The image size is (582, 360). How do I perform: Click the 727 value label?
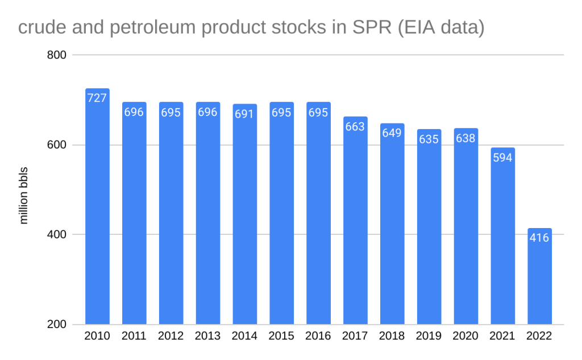(97, 98)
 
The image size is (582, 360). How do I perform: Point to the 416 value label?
(539, 238)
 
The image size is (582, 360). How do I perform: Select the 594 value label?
(502, 158)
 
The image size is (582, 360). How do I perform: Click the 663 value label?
(355, 126)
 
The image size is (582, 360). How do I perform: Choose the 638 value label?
(465, 138)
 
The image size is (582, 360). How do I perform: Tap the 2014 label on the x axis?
(244, 336)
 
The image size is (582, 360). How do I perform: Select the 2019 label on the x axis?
(429, 336)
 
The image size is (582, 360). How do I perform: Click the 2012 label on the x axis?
(171, 336)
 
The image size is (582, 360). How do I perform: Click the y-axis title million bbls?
(24, 195)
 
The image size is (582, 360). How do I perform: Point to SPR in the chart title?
(362, 27)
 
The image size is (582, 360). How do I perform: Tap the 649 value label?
(392, 133)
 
